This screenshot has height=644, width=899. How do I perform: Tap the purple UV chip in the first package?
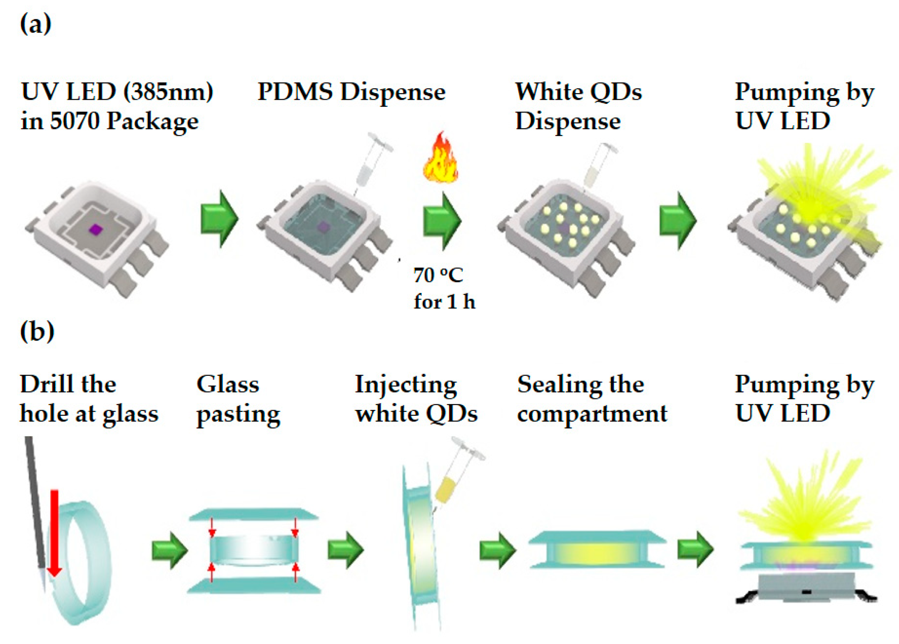click(x=96, y=229)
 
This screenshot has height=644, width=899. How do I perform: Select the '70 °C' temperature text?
click(x=438, y=275)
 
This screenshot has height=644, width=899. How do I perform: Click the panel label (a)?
click(x=35, y=24)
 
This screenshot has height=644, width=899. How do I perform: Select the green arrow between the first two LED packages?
click(x=219, y=218)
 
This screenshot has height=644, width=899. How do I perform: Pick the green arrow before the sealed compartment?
click(x=497, y=550)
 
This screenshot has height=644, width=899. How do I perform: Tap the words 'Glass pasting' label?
click(x=238, y=399)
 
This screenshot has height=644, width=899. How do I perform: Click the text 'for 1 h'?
click(x=444, y=302)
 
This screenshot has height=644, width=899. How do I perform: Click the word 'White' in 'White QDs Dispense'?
click(x=548, y=91)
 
